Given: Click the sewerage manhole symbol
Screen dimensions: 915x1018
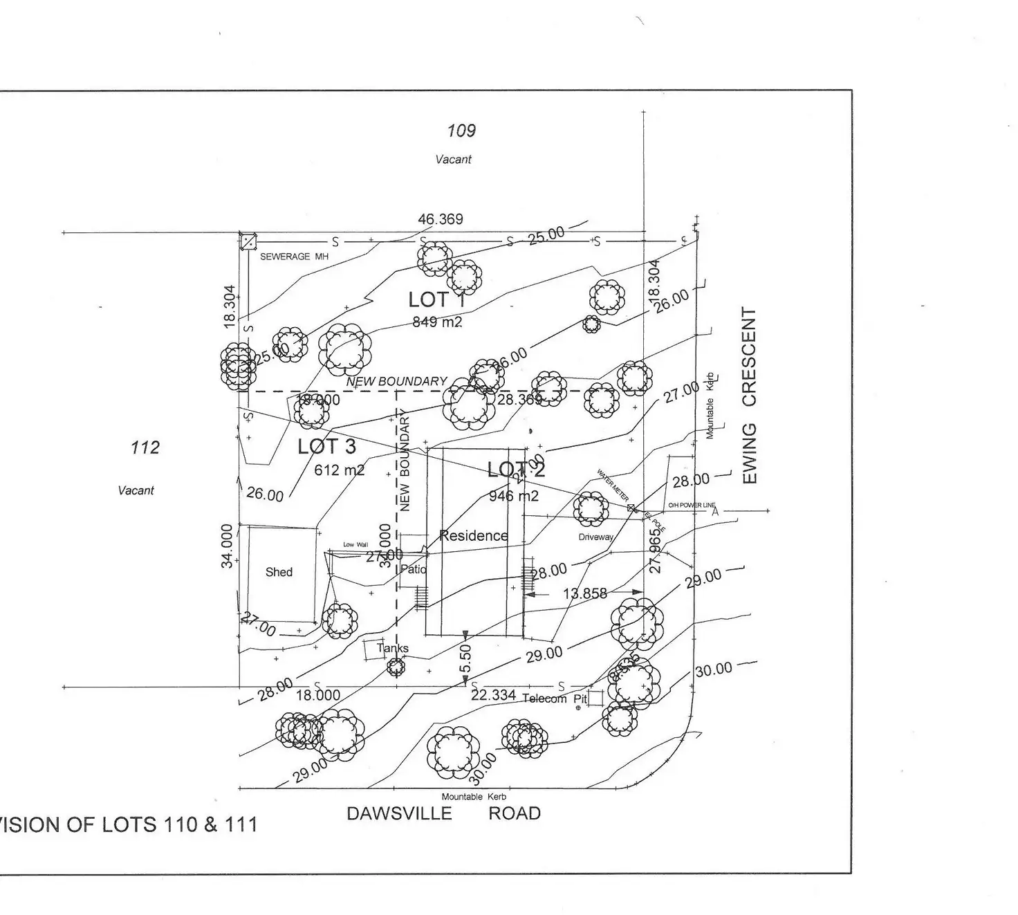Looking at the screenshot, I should click(x=248, y=242).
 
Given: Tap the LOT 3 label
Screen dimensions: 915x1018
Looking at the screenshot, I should click(x=326, y=447).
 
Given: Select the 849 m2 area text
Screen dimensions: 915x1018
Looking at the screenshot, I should click(x=437, y=322).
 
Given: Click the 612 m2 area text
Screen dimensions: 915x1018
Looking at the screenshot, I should click(x=339, y=470).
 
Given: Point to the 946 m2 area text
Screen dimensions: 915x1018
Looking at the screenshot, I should click(x=513, y=496).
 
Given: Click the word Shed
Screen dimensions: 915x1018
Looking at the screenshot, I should click(x=279, y=572).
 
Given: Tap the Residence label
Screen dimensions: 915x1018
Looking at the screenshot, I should click(x=473, y=535).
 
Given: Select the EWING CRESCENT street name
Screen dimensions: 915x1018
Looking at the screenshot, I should click(x=750, y=396).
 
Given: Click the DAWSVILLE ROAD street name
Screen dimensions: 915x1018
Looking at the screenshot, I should click(x=443, y=813).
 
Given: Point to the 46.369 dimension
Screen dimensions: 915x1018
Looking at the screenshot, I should click(x=440, y=219).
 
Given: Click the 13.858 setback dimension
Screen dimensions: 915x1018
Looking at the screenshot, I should click(x=584, y=593).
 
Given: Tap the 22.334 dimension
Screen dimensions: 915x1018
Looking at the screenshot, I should click(x=493, y=695).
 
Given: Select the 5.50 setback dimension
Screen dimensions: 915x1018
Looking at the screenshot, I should click(x=466, y=658).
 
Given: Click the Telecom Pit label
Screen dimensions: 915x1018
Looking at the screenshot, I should click(x=554, y=699).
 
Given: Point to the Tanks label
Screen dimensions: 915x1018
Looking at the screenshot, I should click(x=392, y=648).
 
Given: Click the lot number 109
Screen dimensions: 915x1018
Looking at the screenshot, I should click(x=461, y=130).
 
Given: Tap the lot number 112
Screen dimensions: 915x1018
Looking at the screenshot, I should click(x=145, y=447).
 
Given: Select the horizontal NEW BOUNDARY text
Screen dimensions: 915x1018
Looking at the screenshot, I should click(x=396, y=381).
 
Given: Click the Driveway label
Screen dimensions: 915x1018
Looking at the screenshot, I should click(x=595, y=537).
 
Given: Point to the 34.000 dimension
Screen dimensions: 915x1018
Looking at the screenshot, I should click(x=227, y=546).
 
